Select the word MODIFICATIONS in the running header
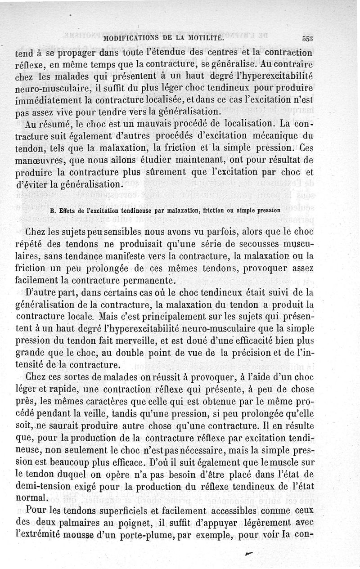tap(129, 37)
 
